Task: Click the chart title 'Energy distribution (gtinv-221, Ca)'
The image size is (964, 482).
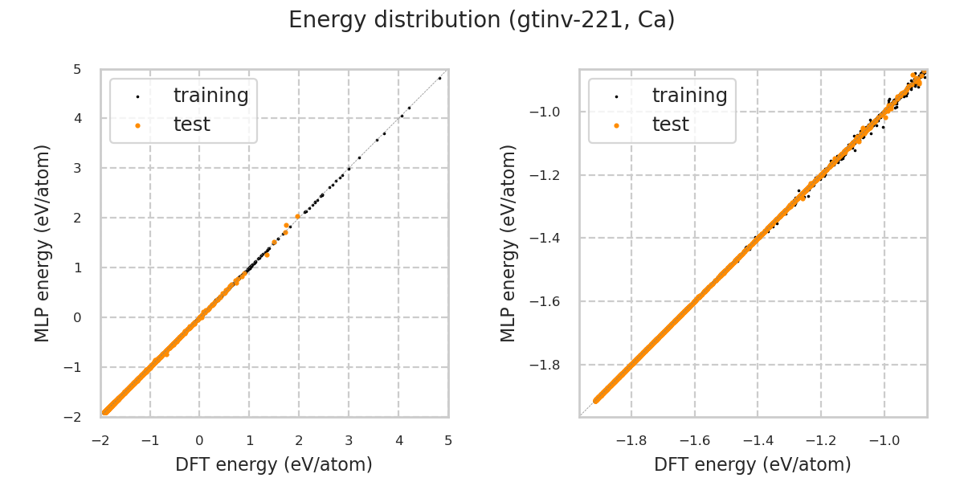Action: pyautogui.click(x=481, y=20)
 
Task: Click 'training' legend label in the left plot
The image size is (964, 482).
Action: pyautogui.click(x=210, y=96)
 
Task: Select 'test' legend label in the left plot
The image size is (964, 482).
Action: pyautogui.click(x=191, y=125)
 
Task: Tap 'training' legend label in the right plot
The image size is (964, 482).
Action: pyautogui.click(x=689, y=96)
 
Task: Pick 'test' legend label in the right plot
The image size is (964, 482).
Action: pyautogui.click(x=670, y=125)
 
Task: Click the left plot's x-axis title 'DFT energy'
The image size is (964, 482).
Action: pyautogui.click(x=274, y=464)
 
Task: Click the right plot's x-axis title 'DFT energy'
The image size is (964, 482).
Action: pyautogui.click(x=753, y=464)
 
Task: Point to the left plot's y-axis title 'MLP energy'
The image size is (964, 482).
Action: pyautogui.click(x=43, y=243)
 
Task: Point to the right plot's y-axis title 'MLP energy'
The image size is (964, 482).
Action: pyautogui.click(x=509, y=243)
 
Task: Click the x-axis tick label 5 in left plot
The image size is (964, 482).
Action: pyautogui.click(x=448, y=440)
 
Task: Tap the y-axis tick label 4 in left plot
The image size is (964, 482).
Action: pyautogui.click(x=77, y=119)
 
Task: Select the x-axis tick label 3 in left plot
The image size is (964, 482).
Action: pyautogui.click(x=349, y=440)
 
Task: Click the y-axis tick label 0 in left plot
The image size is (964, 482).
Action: pyautogui.click(x=77, y=317)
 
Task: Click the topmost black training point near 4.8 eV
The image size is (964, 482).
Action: pyautogui.click(x=439, y=78)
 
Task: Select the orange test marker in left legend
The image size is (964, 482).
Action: pyautogui.click(x=137, y=125)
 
